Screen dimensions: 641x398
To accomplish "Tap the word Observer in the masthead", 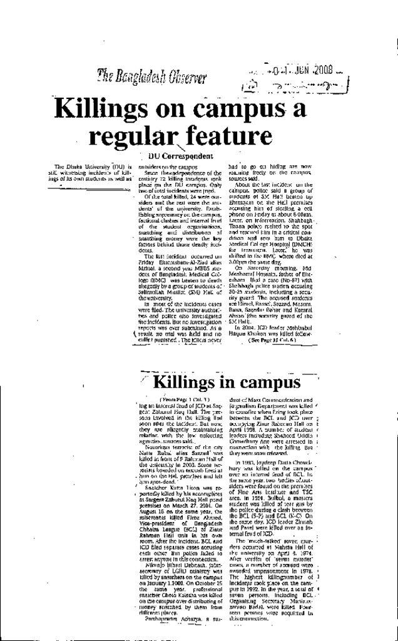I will coord(187,79).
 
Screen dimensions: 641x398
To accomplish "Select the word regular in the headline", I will coord(129,135).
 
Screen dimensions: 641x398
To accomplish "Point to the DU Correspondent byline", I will coord(180,155).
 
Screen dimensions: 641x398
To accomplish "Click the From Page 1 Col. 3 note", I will coord(183,399).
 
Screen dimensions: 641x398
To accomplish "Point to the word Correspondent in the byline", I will coord(188,155).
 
